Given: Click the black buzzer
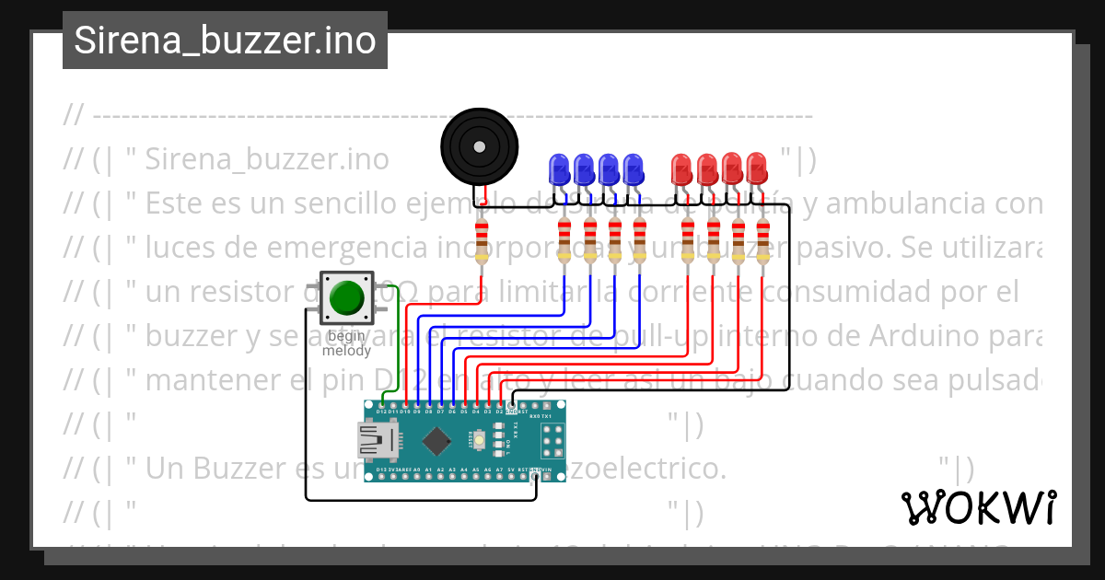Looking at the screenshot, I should [478, 145].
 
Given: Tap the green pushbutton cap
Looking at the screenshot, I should [346, 297].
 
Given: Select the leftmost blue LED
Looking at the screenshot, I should [558, 168].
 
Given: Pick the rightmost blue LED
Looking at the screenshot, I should [633, 168].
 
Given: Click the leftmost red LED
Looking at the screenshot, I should [682, 168].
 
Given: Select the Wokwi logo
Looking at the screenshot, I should [978, 507].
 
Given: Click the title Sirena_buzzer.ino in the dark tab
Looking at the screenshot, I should [225, 41].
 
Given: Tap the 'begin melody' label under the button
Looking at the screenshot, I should [346, 343].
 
